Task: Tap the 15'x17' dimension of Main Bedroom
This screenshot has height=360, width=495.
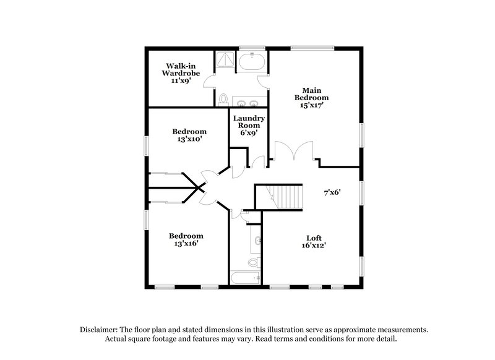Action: click(311, 105)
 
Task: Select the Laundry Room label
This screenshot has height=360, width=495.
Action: click(249, 122)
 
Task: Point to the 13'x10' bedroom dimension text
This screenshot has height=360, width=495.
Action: click(189, 140)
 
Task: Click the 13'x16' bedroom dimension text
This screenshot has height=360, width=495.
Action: click(187, 243)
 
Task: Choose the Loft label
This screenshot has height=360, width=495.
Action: click(314, 238)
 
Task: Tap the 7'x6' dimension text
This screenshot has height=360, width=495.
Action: click(331, 192)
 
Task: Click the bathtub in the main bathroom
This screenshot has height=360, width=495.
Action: click(252, 62)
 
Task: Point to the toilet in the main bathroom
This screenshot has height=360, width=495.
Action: click(223, 98)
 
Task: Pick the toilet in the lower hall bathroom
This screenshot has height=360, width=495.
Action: click(253, 262)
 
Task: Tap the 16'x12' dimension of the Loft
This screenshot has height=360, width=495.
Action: click(314, 246)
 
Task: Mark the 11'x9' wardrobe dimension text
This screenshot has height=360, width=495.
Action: click(182, 80)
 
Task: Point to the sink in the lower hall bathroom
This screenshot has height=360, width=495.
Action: click(257, 240)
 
